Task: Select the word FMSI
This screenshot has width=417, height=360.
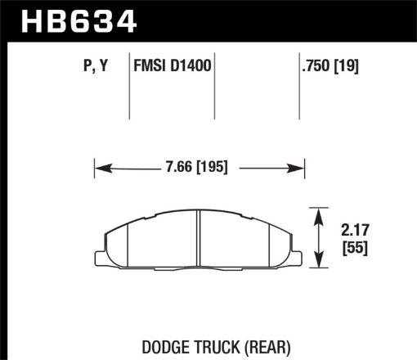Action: click(x=150, y=65)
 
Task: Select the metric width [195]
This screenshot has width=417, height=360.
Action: click(x=208, y=168)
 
